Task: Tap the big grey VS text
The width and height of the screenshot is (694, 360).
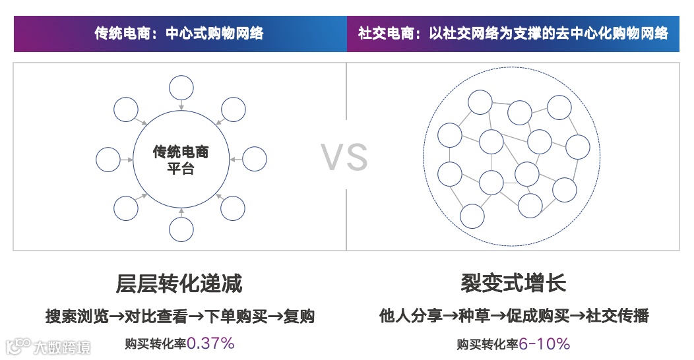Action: point(345,158)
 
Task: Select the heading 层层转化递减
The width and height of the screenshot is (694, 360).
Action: point(179,284)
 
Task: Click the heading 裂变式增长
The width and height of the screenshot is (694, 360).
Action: point(513,284)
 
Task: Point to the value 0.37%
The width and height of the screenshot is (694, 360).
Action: point(210,343)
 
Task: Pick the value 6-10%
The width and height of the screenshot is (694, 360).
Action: point(544,344)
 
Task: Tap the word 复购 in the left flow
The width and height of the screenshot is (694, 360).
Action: point(298,316)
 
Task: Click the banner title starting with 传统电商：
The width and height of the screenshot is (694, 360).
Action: point(179,33)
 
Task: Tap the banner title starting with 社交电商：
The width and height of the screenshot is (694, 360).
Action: point(513,33)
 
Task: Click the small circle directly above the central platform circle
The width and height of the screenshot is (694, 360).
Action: point(181,88)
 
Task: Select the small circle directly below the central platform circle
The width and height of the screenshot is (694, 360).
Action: point(181,229)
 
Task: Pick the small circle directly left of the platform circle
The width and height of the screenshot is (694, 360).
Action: point(108,159)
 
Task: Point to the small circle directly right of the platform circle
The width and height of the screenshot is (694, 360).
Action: point(255,159)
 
